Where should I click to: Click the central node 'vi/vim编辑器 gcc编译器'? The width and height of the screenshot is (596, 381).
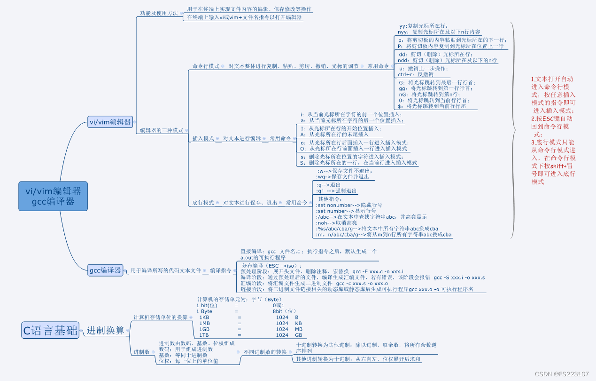pyautogui.click(x=53, y=196)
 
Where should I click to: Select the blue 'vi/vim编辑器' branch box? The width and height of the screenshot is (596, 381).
pyautogui.click(x=110, y=122)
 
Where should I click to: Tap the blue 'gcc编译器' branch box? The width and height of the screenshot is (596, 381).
pyautogui.click(x=106, y=270)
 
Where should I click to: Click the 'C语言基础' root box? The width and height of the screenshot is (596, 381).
pyautogui.click(x=50, y=330)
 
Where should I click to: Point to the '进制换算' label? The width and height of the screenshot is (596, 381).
pyautogui.click(x=106, y=330)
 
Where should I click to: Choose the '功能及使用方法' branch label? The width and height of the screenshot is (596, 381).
pyautogui.click(x=159, y=13)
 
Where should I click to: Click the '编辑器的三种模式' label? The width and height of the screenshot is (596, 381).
pyautogui.click(x=162, y=130)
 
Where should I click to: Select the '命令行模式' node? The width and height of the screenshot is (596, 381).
pyautogui.click(x=206, y=66)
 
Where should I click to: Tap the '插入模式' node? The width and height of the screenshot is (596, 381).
pyautogui.click(x=203, y=139)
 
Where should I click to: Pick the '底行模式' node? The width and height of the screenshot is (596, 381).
pyautogui.click(x=203, y=203)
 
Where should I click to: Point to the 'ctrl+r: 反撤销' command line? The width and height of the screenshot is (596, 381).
pyautogui.click(x=416, y=74)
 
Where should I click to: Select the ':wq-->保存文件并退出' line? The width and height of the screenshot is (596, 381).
pyautogui.click(x=344, y=177)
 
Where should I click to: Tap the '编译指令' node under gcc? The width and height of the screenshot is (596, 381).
pyautogui.click(x=220, y=270)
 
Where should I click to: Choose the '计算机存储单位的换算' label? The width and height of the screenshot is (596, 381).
pyautogui.click(x=160, y=317)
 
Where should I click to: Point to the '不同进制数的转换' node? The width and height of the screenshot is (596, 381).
pyautogui.click(x=264, y=352)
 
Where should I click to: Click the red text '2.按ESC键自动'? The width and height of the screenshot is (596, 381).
pyautogui.click(x=552, y=119)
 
